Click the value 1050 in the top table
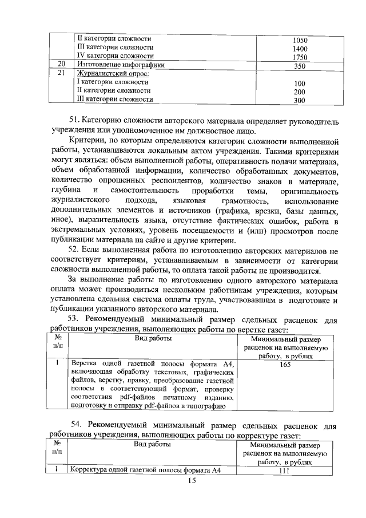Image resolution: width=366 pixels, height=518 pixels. pyautogui.click(x=300, y=40)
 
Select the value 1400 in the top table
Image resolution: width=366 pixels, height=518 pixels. pyautogui.click(x=300, y=49)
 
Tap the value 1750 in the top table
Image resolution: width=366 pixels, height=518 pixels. pyautogui.click(x=300, y=58)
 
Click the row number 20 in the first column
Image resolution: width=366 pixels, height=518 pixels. pyautogui.click(x=61, y=65)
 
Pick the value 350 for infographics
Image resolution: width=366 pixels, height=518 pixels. pyautogui.click(x=300, y=66)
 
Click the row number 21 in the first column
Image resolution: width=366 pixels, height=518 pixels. pyautogui.click(x=61, y=73)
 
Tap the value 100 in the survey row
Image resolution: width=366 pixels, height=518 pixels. pyautogui.click(x=300, y=84)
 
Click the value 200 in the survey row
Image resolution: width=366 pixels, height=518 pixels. pyautogui.click(x=300, y=92)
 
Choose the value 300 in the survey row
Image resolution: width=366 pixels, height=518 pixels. pyautogui.click(x=300, y=101)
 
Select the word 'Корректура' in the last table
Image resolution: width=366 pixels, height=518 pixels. pyautogui.click(x=89, y=471)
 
